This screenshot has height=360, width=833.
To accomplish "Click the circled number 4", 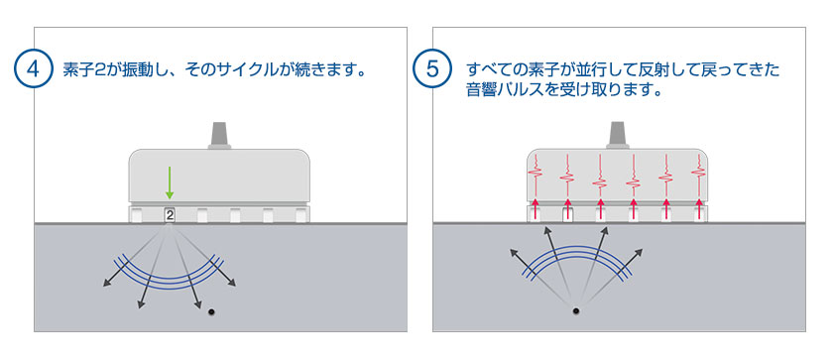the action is tap(35, 70).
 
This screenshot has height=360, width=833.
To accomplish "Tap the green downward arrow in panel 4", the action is tap(170, 183).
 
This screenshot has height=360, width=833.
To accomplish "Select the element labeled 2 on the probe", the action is tap(170, 214).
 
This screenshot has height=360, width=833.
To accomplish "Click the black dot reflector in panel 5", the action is tap(576, 313).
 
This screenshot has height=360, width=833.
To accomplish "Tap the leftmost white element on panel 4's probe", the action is tap(138, 214).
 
